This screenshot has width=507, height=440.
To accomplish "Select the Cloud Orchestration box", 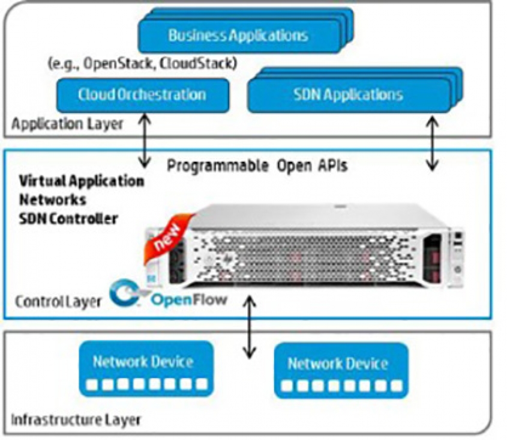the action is [x=143, y=95].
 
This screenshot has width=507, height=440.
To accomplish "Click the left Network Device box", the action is [x=146, y=368].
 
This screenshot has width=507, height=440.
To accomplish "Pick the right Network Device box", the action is [x=341, y=371].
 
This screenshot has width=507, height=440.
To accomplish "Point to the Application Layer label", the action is [x=67, y=124].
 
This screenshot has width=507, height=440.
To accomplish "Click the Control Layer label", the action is [x=58, y=302].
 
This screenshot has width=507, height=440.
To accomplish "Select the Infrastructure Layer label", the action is [x=76, y=420].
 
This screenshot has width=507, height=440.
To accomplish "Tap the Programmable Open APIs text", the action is [x=257, y=166].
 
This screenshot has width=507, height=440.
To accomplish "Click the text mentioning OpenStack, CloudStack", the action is [x=143, y=63].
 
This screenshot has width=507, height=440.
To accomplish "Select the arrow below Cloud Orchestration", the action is [x=145, y=140].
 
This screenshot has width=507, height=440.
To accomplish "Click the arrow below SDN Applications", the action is [x=432, y=144].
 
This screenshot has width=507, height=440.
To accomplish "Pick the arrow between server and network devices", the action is [x=249, y=327].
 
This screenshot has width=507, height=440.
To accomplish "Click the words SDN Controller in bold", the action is [x=68, y=219].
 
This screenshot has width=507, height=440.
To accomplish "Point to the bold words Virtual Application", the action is [x=82, y=182].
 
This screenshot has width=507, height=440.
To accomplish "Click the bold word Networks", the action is [x=53, y=200].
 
